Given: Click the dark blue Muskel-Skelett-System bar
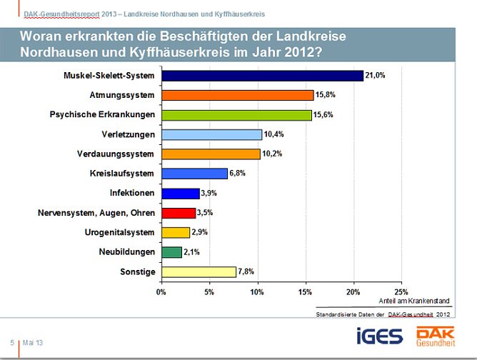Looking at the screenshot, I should coord(262,76).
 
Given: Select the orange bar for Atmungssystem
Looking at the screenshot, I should coord(237,95).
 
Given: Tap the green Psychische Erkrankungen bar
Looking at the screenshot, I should coord(236,115).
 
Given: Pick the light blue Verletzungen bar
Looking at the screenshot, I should coord(211,134).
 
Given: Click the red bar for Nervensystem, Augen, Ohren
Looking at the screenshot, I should coord(179,212).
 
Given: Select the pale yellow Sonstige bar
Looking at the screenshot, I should coord(199,271).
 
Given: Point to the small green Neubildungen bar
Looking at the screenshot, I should coord(171,251).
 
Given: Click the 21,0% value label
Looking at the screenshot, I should coord(376,76).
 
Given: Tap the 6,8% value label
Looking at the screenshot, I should coord(239,174).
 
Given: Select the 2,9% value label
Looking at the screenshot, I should coord(201,232).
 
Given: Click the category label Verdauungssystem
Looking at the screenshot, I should coord(116,154).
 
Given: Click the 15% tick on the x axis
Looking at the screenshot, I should coord(306,291).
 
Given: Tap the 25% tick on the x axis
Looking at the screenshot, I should coord(401,291).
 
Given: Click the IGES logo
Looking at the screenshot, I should coord(380,336).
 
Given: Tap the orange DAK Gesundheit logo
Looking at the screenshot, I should coord(438,336).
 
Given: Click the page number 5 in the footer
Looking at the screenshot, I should coord(12,343).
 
